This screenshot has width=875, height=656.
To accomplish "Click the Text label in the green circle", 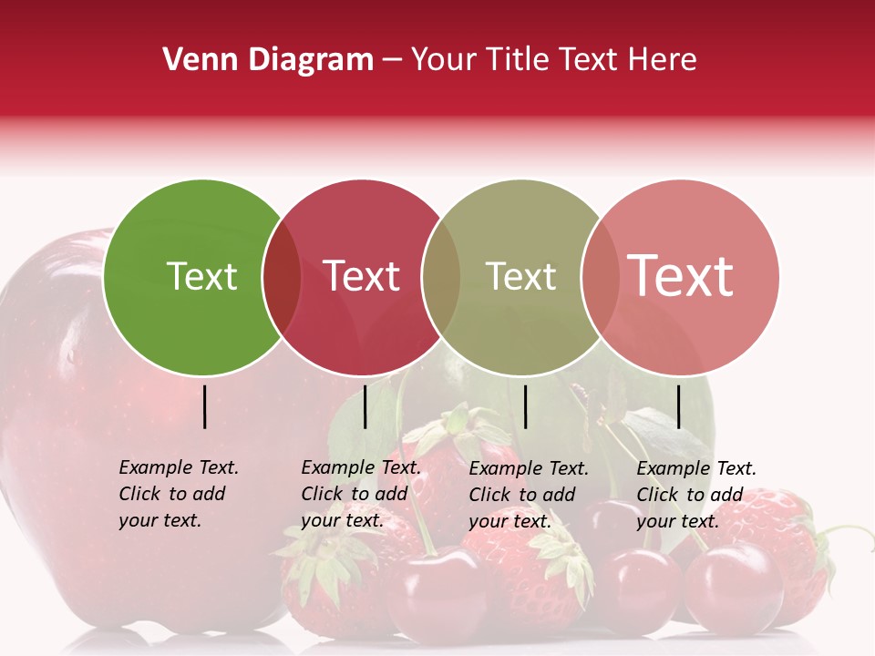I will click(x=201, y=276).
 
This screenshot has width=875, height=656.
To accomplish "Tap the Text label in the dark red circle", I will click(x=362, y=276).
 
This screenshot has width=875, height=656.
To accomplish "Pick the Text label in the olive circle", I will click(x=520, y=276).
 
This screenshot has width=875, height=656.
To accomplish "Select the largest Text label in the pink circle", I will click(x=681, y=276).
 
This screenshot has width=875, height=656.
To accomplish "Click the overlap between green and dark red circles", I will click(x=282, y=277).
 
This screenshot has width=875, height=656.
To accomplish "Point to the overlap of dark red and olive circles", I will click(x=441, y=277).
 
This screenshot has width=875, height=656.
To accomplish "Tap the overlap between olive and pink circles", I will click(x=600, y=277).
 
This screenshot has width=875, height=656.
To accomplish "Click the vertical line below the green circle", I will click(x=204, y=406).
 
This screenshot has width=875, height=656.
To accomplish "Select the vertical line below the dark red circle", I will click(x=365, y=406).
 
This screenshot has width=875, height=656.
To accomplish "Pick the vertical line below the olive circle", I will click(x=525, y=406).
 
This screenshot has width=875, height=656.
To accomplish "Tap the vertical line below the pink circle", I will click(x=679, y=406).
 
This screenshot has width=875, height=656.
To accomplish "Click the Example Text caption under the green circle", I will click(x=178, y=494).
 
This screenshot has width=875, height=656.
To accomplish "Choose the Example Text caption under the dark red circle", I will click(x=360, y=494).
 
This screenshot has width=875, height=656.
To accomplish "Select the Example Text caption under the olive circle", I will click(x=528, y=495).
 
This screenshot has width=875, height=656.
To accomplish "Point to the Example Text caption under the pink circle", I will click(x=695, y=495).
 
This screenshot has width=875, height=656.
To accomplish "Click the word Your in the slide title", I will click(x=444, y=60).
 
